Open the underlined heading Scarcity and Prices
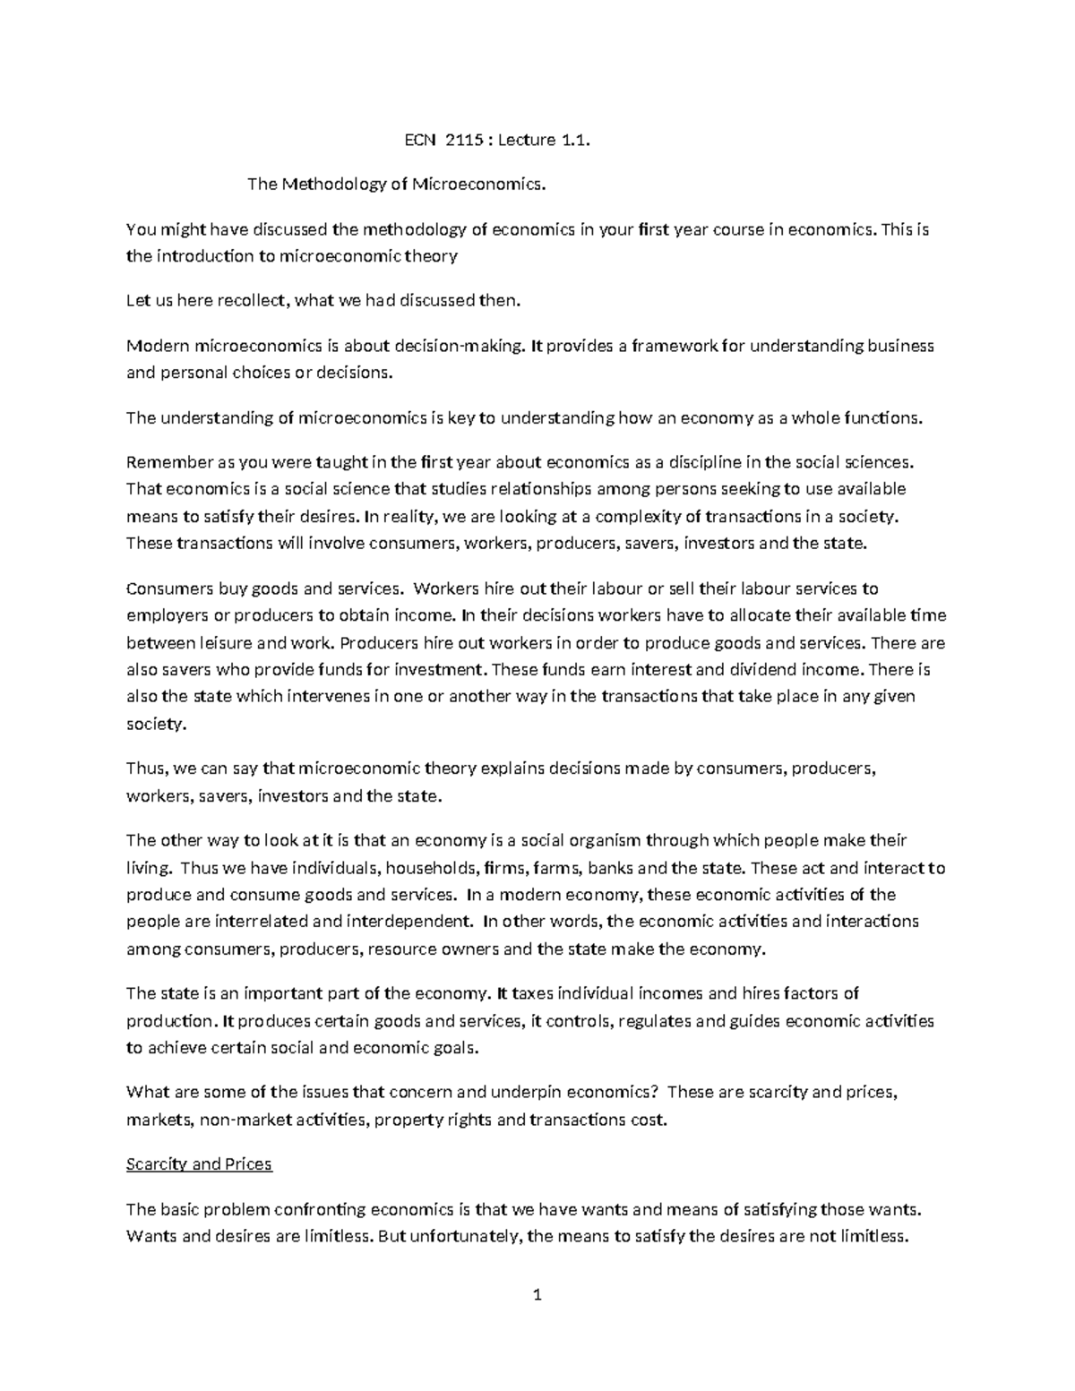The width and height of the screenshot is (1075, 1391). pos(199,1164)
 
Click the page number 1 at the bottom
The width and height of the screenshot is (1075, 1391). pos(537,1295)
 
